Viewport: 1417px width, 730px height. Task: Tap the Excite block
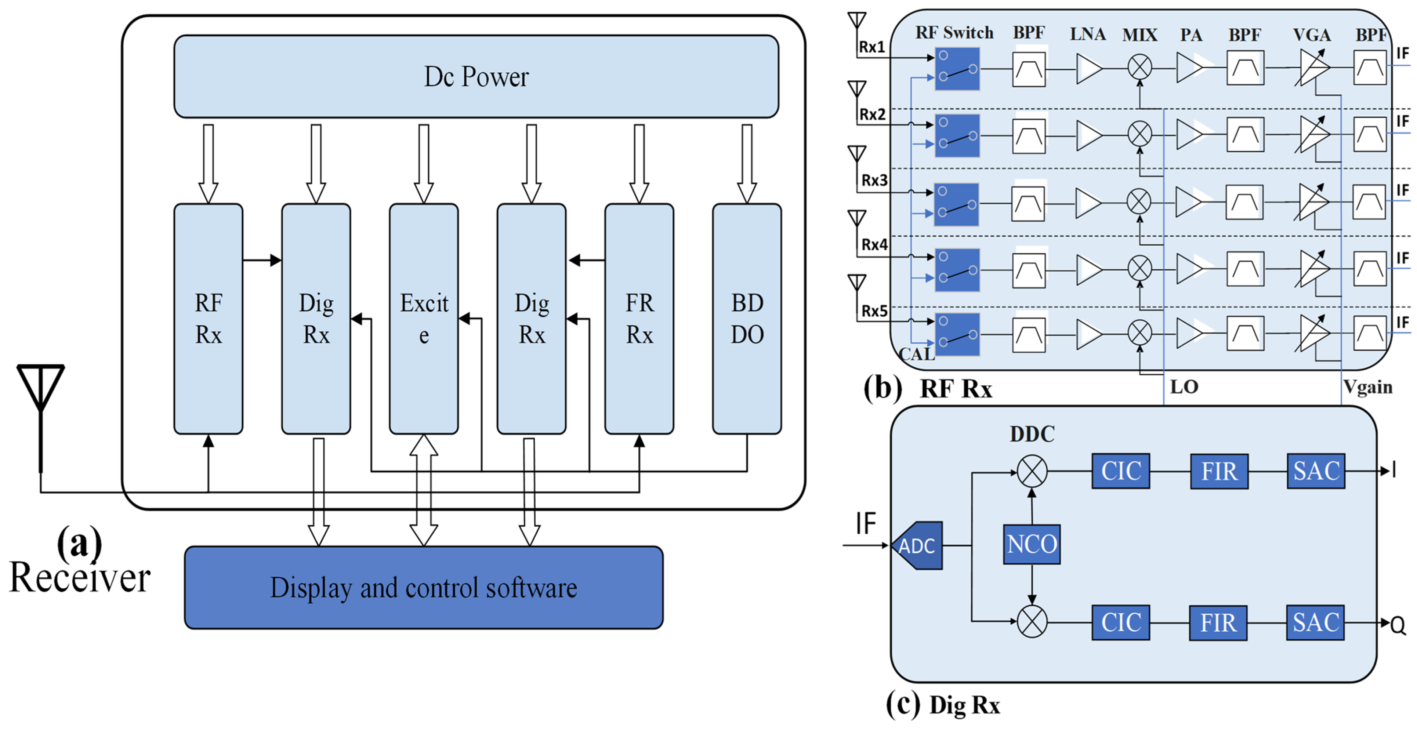point(424,319)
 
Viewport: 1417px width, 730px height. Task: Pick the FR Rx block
point(639,319)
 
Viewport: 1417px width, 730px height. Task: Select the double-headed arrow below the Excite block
point(424,490)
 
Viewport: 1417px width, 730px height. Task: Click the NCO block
point(1032,544)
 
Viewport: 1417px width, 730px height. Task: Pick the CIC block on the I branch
point(1120,471)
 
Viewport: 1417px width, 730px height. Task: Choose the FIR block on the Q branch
point(1218,623)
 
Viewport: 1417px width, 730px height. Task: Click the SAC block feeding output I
point(1316,471)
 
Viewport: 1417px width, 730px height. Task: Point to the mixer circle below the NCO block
point(1032,622)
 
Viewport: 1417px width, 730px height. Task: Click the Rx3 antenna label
point(874,181)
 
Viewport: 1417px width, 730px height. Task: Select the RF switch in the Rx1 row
point(957,69)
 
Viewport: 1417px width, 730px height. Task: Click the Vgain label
point(1367,387)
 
